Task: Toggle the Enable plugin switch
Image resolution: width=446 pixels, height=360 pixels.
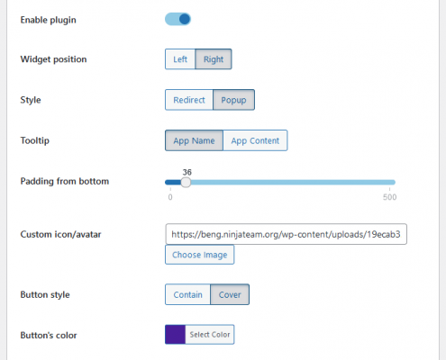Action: click(177, 19)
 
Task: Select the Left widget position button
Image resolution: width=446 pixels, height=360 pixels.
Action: click(180, 59)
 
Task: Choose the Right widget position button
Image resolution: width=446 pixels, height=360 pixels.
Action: click(214, 59)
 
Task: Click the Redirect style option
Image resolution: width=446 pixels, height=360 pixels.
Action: click(189, 100)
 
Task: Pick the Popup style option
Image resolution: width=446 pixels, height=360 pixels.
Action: click(233, 100)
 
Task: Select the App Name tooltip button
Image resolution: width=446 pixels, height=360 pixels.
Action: click(194, 140)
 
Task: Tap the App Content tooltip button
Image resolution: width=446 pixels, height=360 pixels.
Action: click(255, 140)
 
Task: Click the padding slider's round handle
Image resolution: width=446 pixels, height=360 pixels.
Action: click(186, 182)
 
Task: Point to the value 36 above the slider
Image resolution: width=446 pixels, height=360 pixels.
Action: click(187, 172)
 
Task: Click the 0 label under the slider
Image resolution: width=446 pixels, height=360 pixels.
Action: click(170, 197)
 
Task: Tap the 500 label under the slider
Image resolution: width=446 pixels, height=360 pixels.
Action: click(390, 197)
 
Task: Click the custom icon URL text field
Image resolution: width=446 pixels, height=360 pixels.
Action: click(286, 234)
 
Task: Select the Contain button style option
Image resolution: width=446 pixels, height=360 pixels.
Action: click(187, 294)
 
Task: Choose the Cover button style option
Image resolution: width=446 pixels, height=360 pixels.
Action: click(230, 294)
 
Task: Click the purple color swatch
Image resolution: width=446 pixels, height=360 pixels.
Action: click(175, 334)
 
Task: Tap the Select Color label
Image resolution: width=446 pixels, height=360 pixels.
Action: click(210, 334)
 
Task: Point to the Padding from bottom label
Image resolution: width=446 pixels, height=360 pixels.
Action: click(65, 181)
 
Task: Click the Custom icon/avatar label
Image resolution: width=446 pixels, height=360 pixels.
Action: click(60, 234)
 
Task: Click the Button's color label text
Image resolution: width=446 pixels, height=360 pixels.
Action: click(49, 335)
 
